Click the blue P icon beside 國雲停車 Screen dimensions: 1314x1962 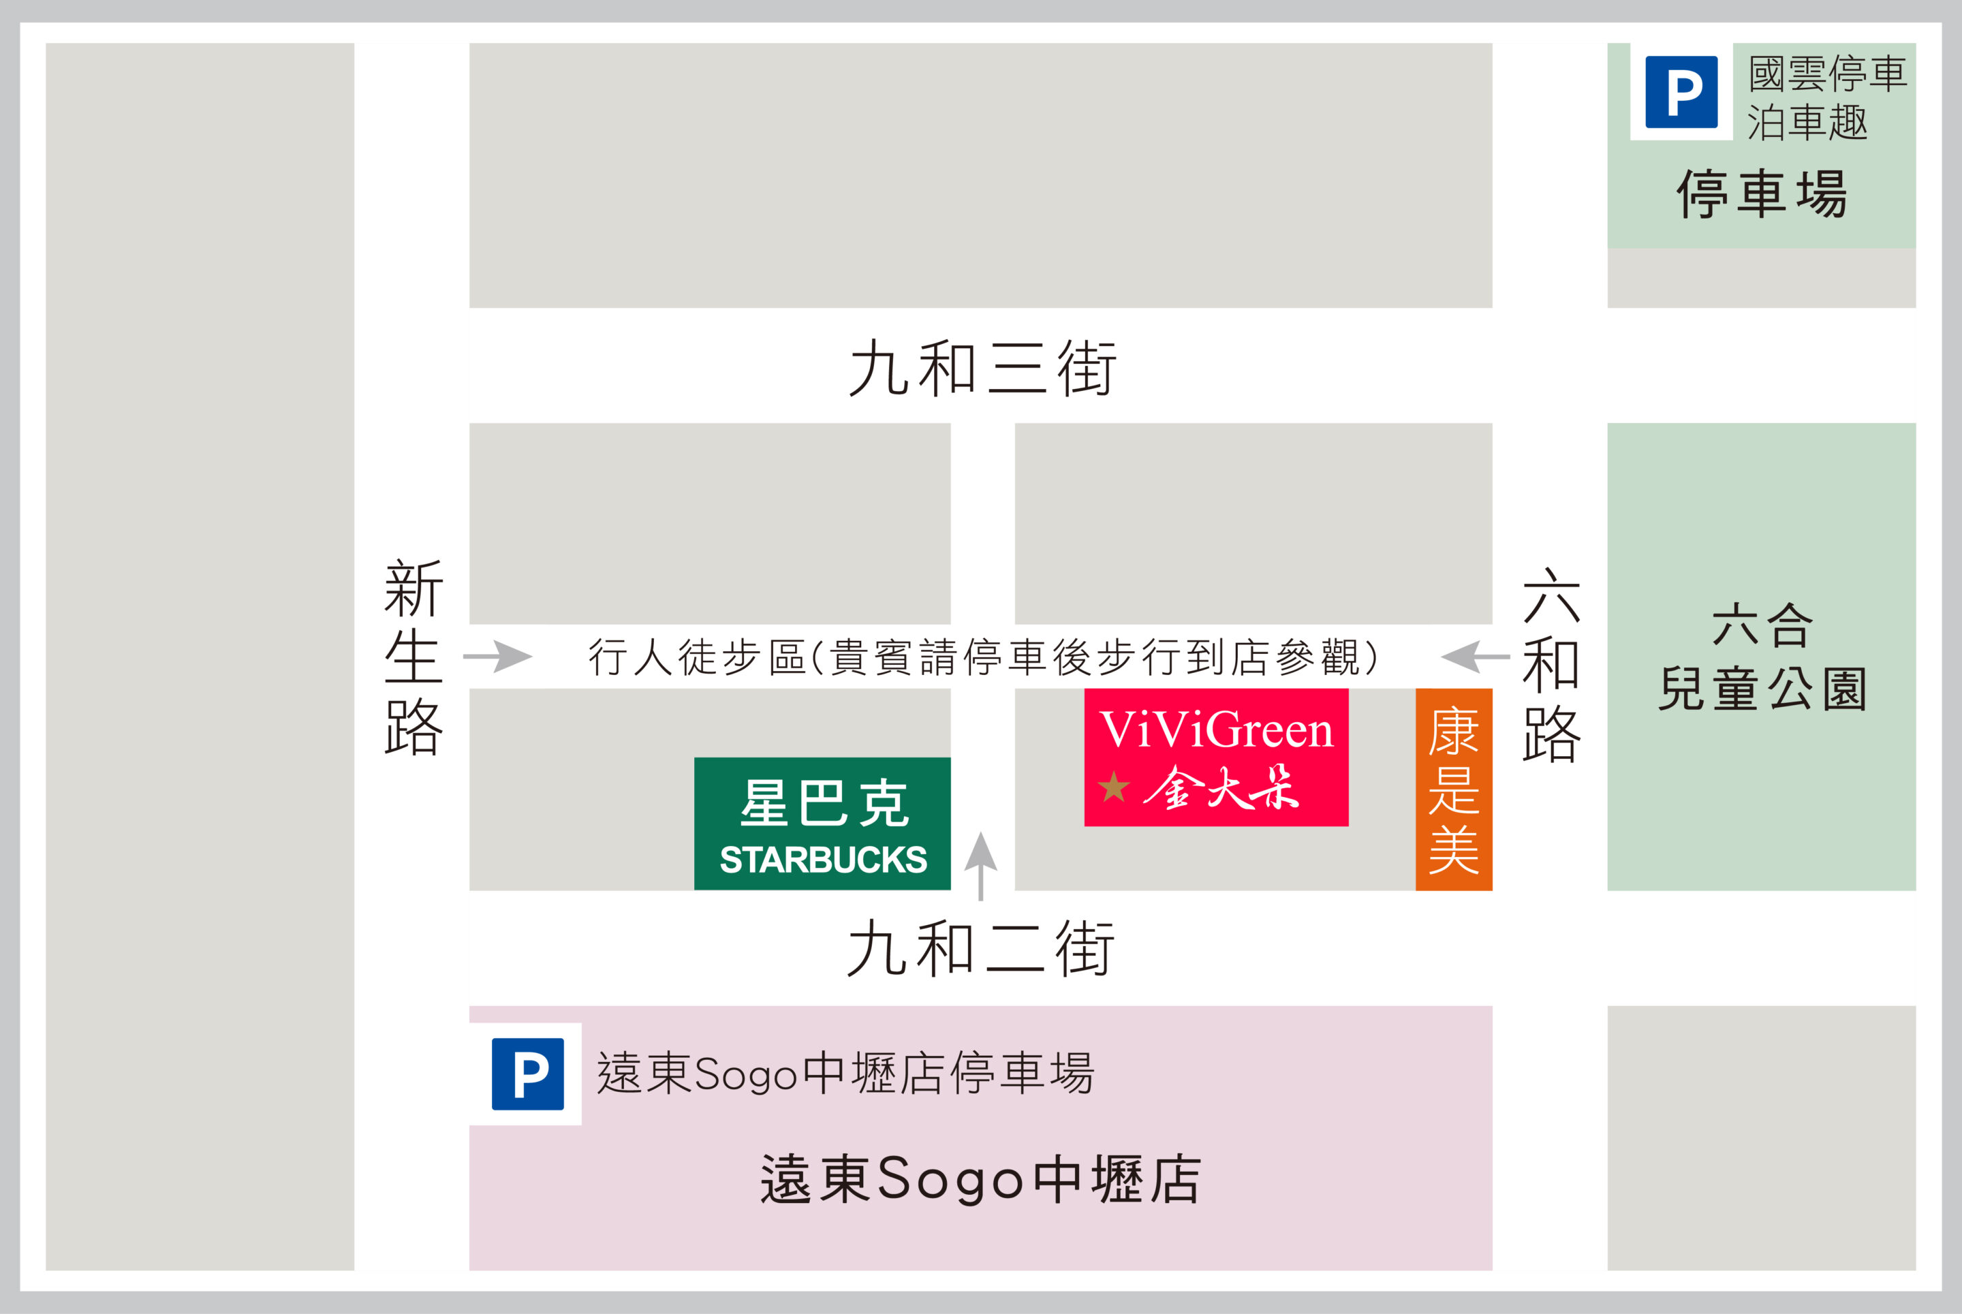1681,92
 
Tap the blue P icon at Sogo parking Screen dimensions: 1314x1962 527,1074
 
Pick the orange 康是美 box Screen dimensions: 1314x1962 1453,789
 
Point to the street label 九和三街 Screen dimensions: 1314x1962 982,368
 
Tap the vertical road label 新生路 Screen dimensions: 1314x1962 414,658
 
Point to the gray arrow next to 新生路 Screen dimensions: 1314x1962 498,656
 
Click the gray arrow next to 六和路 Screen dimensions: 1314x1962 1475,656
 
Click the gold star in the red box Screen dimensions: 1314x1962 1114,787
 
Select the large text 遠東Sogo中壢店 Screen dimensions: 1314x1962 980,1179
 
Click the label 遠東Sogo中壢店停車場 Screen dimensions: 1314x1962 845,1074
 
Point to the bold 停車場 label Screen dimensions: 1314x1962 1762,194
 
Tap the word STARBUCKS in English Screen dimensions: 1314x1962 823,860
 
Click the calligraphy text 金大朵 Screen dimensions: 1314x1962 1221,787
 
